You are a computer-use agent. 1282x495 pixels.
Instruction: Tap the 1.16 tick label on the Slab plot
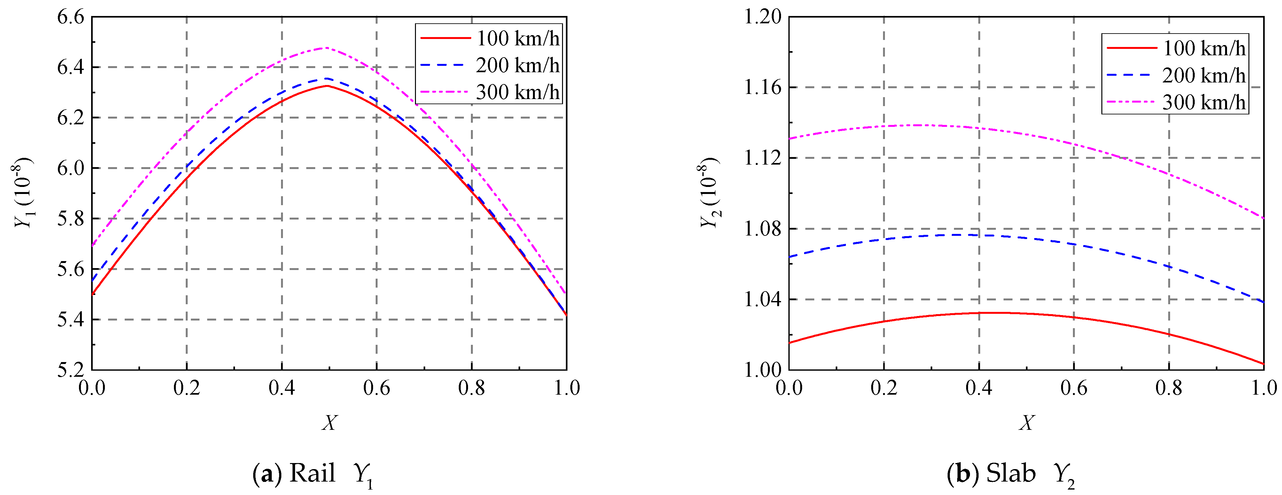tap(762, 88)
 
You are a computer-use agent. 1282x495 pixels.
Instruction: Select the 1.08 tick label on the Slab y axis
tap(762, 229)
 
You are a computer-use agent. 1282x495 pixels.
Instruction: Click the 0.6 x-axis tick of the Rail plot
tap(377, 388)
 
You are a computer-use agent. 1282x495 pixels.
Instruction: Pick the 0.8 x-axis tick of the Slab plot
tap(1169, 388)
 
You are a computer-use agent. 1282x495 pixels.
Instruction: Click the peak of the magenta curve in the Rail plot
tap(326, 48)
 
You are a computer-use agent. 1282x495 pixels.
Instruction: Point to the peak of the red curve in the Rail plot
tap(327, 86)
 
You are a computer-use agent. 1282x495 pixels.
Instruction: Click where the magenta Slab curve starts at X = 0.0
tap(790, 139)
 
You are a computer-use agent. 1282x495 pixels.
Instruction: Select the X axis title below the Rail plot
tap(329, 423)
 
